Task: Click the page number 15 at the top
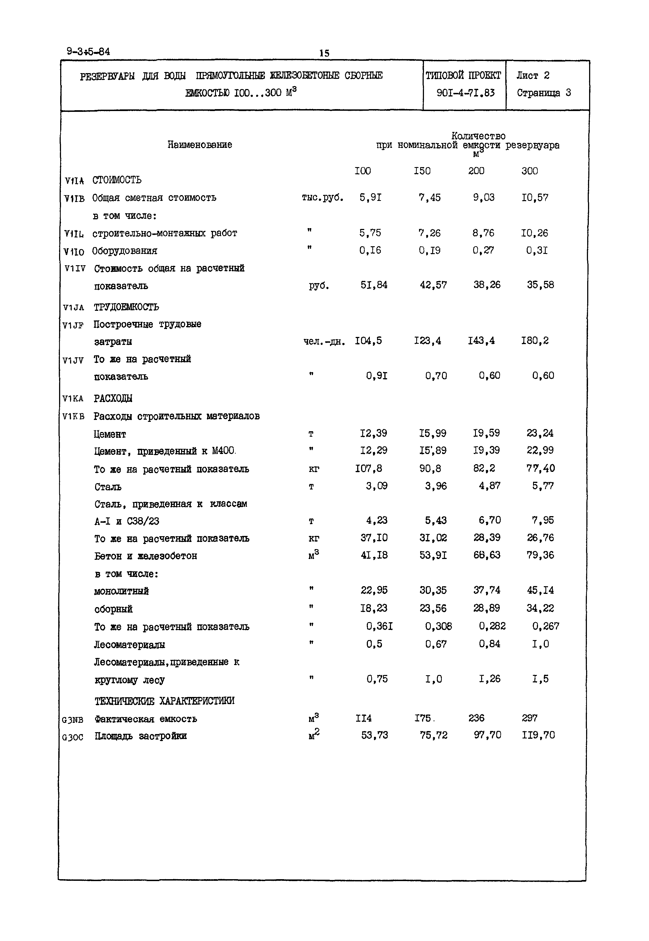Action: [x=324, y=53]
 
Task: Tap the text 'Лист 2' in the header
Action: [x=533, y=76]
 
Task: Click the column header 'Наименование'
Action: [x=200, y=145]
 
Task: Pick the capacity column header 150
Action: [x=422, y=171]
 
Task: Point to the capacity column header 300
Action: [x=529, y=171]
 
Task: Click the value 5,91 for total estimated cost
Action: [x=370, y=198]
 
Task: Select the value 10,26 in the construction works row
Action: [x=534, y=233]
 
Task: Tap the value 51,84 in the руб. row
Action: [x=374, y=285]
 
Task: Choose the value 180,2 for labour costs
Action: [x=535, y=341]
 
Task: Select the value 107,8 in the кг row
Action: [x=368, y=469]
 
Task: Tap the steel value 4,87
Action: [x=489, y=486]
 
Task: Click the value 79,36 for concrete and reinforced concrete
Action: [x=540, y=555]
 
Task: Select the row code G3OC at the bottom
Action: [x=73, y=737]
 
